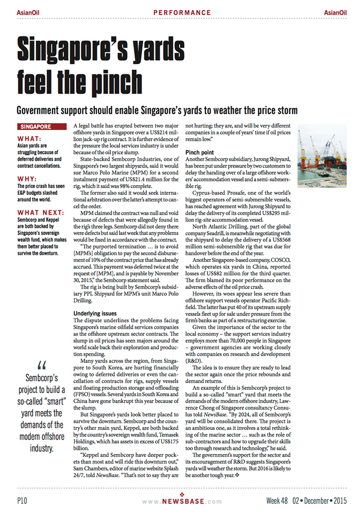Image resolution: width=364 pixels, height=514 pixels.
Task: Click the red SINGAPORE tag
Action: pos(36,127)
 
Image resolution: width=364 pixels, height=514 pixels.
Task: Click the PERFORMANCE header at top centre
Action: pos(182,12)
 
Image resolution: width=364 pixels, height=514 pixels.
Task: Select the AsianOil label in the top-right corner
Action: pos(335,12)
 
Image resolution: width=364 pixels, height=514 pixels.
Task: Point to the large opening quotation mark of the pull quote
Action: pos(41,366)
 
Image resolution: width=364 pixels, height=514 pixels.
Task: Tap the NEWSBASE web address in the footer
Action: pos(182,502)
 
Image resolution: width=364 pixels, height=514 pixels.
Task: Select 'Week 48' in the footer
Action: pos(277,501)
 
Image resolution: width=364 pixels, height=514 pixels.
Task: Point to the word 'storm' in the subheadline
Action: pos(284,110)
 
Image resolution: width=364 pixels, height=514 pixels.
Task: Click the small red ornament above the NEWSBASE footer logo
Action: pos(182,494)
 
